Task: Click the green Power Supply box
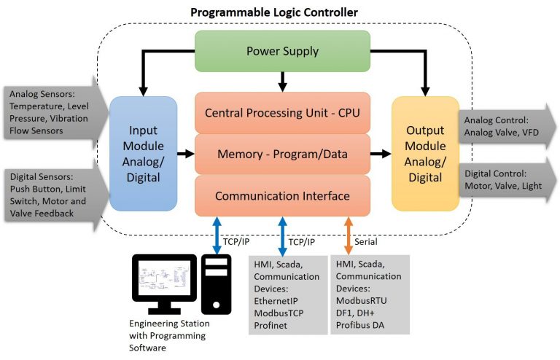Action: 283,51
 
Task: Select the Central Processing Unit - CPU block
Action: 282,113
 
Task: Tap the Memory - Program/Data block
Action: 282,154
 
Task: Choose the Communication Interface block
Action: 282,195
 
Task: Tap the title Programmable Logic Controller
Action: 279,12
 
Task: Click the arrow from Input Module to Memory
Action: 185,154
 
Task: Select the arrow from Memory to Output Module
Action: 380,154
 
